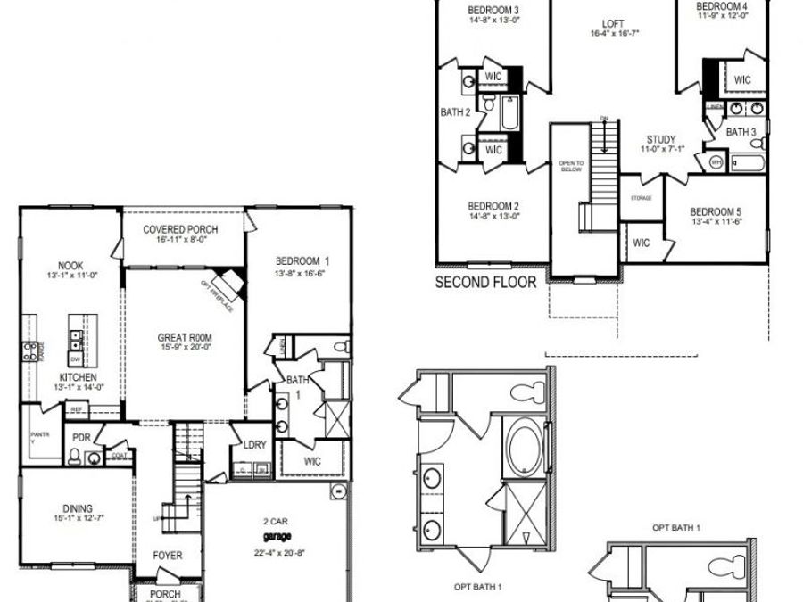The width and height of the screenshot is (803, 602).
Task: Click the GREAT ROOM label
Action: click(185, 337)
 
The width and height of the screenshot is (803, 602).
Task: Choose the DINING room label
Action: click(79, 509)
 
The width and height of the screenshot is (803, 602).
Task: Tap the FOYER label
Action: click(168, 556)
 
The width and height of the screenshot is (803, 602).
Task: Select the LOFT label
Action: click(614, 24)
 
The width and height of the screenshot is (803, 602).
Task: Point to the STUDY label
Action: click(661, 139)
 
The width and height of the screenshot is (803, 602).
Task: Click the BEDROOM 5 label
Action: click(716, 212)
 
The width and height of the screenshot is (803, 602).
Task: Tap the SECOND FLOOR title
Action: click(485, 283)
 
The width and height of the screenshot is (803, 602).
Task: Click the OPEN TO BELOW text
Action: click(571, 166)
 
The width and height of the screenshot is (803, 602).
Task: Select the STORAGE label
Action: click(641, 198)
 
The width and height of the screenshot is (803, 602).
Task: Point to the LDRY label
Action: click(255, 443)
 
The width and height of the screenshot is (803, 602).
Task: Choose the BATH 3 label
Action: click(741, 132)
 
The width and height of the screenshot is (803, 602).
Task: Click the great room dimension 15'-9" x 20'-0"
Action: click(185, 348)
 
